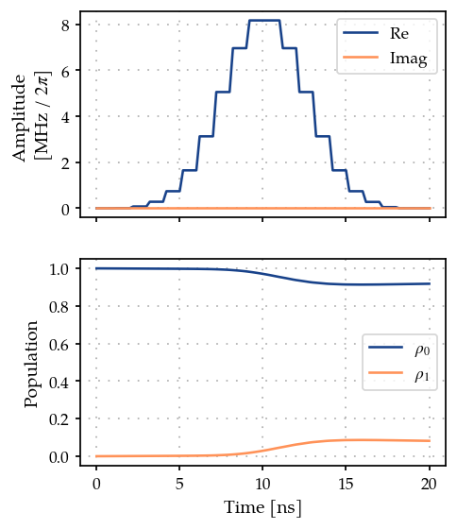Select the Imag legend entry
(x=385, y=58)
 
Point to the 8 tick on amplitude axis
(x=66, y=25)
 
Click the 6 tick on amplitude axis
(x=66, y=71)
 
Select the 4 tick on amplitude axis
(x=66, y=117)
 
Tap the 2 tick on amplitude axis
(x=66, y=162)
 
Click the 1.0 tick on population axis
(x=59, y=269)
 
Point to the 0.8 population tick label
(x=59, y=307)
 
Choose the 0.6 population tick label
(x=59, y=345)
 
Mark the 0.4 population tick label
(x=59, y=382)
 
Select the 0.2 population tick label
(x=59, y=419)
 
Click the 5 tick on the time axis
(x=179, y=484)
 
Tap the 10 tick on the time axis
(x=262, y=484)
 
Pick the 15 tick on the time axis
(x=346, y=484)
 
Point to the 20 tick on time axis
(x=429, y=484)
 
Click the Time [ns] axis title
(x=262, y=508)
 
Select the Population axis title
(x=31, y=364)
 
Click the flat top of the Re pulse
(x=264, y=21)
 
